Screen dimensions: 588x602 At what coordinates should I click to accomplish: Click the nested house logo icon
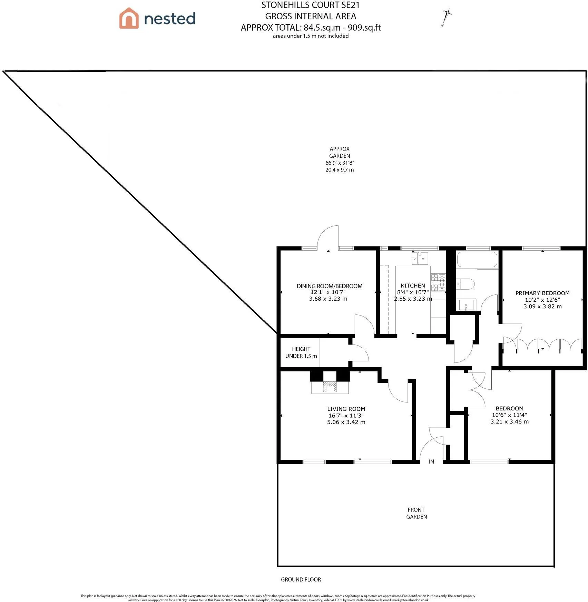[x=129, y=18]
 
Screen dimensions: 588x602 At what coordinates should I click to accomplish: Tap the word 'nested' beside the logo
[x=169, y=19]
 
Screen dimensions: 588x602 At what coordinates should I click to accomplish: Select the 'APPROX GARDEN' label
[x=340, y=152]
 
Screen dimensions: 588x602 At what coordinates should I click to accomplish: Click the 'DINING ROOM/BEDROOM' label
[x=330, y=286]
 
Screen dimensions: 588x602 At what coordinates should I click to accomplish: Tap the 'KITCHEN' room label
[x=413, y=285]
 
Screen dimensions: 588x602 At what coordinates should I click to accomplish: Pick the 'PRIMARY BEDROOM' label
[x=542, y=293]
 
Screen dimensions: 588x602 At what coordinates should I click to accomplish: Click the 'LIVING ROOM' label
[x=346, y=409]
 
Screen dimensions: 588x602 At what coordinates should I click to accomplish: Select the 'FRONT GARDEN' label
[x=416, y=513]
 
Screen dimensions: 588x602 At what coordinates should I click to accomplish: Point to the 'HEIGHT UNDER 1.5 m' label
[x=301, y=352]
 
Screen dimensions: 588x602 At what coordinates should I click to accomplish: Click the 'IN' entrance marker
[x=431, y=462]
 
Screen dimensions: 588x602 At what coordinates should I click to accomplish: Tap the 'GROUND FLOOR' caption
[x=301, y=580]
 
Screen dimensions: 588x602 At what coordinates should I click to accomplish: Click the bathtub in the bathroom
[x=477, y=260]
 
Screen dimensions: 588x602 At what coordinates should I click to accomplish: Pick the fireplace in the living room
[x=330, y=387]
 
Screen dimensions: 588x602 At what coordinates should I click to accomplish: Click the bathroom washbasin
[x=467, y=305]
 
